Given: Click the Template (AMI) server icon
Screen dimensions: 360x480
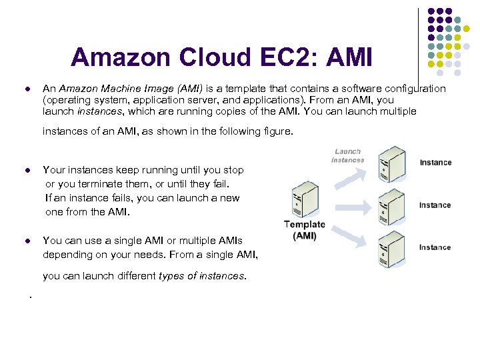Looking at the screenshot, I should (305, 201).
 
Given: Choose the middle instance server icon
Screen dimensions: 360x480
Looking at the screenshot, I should (392, 207).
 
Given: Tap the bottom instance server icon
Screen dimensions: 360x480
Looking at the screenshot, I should (392, 249).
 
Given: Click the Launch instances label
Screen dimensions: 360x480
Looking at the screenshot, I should (347, 155).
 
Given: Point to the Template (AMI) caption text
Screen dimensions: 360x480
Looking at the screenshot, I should (305, 230).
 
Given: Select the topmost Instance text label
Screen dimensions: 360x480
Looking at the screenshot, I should (435, 163).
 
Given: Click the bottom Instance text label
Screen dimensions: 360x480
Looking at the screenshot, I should (435, 247).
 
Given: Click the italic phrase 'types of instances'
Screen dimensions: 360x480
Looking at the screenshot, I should (202, 276).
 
